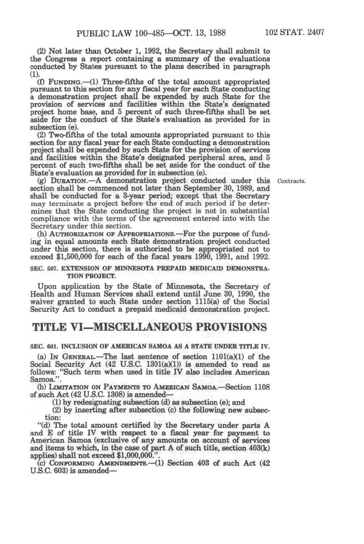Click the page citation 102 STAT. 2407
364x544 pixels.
295,32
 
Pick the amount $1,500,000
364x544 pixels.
75,256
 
